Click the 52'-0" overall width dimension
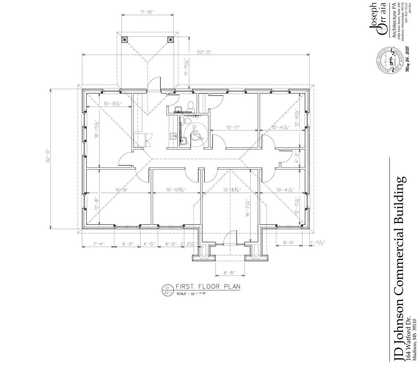click(205, 52)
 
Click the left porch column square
click(124, 39)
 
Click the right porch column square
click(170, 39)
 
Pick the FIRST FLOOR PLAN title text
click(208, 287)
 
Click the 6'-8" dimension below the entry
click(230, 273)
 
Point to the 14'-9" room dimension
click(122, 190)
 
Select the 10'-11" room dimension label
click(233, 127)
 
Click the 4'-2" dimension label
click(297, 157)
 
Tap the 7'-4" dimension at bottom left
click(98, 244)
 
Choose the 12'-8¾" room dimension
click(232, 190)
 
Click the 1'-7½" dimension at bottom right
click(318, 243)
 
